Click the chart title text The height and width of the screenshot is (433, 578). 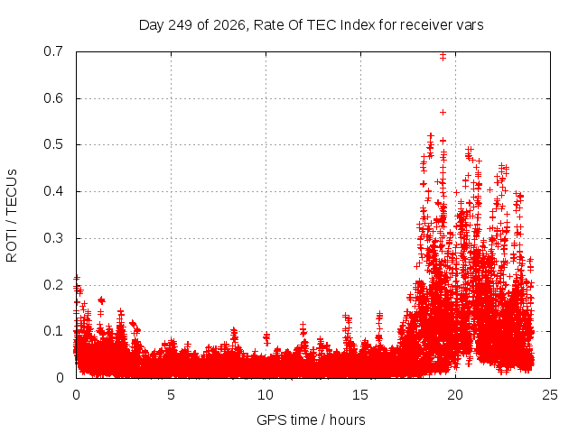click(x=311, y=25)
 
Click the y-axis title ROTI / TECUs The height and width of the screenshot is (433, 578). click(x=12, y=216)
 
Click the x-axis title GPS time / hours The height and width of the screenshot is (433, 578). click(x=311, y=419)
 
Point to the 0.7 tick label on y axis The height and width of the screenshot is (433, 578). click(x=53, y=51)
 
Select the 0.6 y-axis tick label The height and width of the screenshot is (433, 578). click(x=53, y=98)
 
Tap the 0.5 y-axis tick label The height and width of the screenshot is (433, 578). click(x=53, y=144)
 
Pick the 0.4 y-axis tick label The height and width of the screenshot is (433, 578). click(x=53, y=191)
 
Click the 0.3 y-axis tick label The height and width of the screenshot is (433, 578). click(x=53, y=238)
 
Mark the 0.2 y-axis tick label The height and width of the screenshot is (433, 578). click(x=53, y=285)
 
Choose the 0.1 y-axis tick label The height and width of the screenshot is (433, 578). click(x=53, y=331)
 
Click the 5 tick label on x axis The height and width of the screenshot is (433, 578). click(x=171, y=395)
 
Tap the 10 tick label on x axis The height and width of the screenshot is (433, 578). click(x=266, y=395)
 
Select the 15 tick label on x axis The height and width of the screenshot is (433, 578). click(x=360, y=395)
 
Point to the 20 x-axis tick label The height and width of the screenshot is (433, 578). click(x=455, y=395)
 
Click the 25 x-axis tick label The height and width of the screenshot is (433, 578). click(x=550, y=395)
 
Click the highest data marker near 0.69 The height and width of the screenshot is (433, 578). click(x=443, y=55)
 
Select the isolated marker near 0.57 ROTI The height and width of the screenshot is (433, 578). click(x=443, y=112)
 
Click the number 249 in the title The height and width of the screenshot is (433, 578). click(x=181, y=25)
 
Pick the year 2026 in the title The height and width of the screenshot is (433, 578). click(x=229, y=25)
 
